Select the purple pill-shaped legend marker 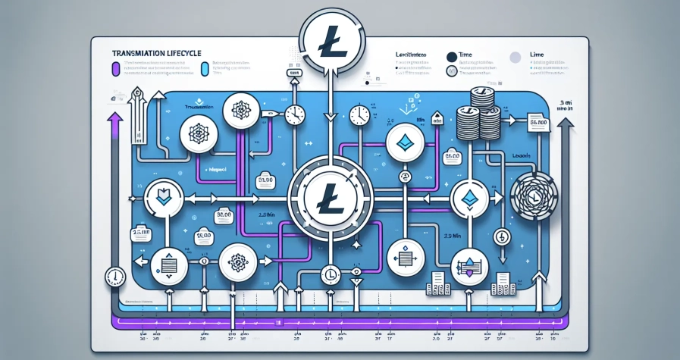[114, 70]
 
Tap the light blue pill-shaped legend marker [205, 70]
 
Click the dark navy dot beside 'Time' [452, 56]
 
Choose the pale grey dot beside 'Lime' [515, 56]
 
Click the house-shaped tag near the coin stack [437, 118]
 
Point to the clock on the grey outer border [115, 276]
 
